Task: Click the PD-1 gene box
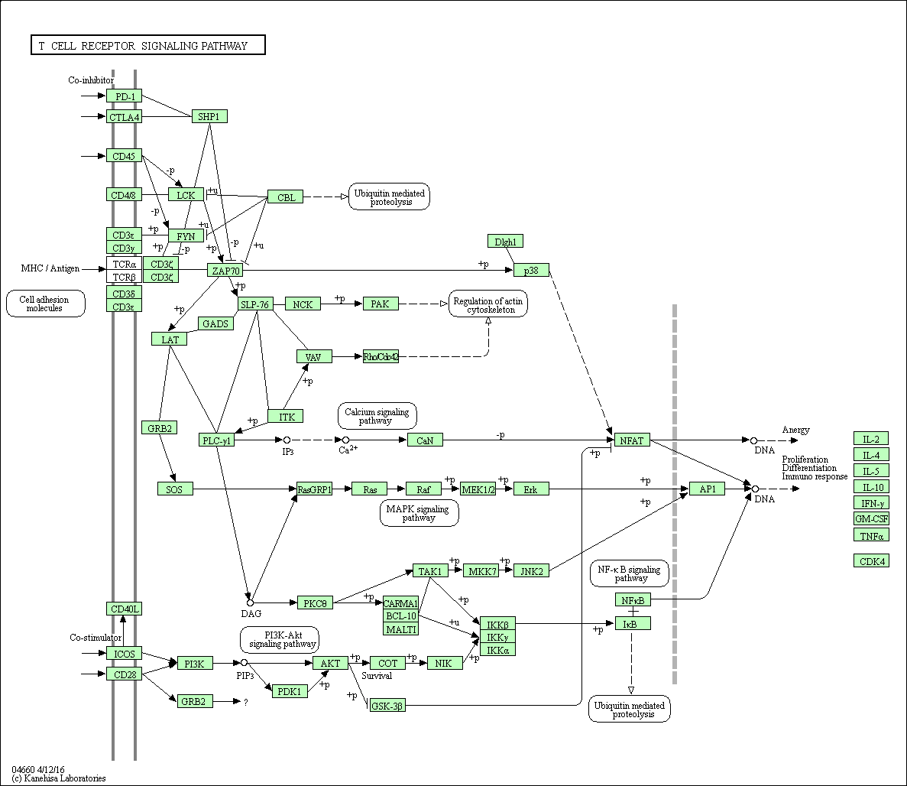124,96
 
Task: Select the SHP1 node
209,116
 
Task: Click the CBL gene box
285,197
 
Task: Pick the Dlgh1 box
505,242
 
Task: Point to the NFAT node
632,440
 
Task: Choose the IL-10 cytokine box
871,487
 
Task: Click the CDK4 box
871,560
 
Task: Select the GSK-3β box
387,706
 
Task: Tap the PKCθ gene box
315,603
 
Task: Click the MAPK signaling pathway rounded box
419,513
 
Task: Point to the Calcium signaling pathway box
377,416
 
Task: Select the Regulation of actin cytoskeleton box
488,305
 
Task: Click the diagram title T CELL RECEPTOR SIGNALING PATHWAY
147,46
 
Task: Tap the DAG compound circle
250,603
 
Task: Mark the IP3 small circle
287,440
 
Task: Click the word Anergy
795,430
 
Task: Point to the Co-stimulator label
96,638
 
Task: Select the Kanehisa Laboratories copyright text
59,778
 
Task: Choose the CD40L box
124,609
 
